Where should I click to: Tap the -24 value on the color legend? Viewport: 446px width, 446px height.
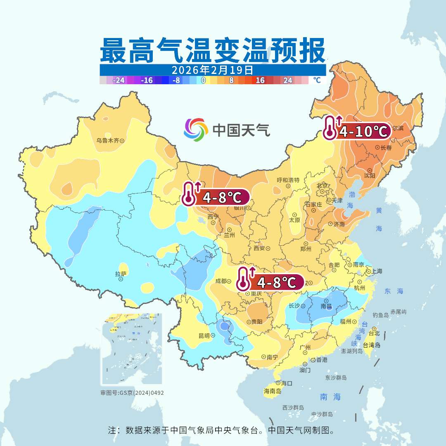pos(119,81)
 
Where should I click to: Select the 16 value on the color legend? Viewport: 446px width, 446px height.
pos(260,81)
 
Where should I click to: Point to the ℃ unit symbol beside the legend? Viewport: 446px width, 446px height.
pos(316,80)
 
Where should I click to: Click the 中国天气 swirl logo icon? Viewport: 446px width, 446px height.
pos(196,130)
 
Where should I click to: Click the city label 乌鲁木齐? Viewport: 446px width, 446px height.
pos(107,140)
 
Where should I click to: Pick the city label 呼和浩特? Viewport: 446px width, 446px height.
pos(288,180)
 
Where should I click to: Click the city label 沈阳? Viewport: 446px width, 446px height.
pos(370,176)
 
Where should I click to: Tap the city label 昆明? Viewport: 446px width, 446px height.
pos(204,335)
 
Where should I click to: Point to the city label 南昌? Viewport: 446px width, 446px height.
pos(326,306)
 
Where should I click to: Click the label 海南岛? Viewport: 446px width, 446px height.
pos(272,391)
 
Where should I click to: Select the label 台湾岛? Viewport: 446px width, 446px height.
pos(371,345)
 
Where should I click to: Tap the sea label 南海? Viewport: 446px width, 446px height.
pos(330,397)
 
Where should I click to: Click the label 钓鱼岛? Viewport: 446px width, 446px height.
pos(380,315)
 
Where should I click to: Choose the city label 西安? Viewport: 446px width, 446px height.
pos(259,248)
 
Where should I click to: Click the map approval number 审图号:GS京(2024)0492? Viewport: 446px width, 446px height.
pos(132,393)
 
